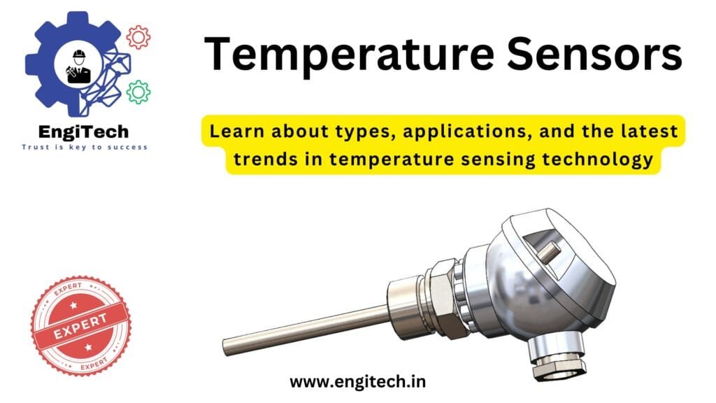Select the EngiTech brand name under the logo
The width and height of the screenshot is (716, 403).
click(x=84, y=131)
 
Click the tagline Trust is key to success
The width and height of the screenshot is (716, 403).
click(x=85, y=147)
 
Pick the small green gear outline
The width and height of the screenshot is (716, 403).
click(x=138, y=92)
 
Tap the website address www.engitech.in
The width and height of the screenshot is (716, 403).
click(x=357, y=382)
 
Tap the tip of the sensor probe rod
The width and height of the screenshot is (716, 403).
click(x=226, y=344)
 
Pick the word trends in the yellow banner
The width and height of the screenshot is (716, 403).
click(x=268, y=160)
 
